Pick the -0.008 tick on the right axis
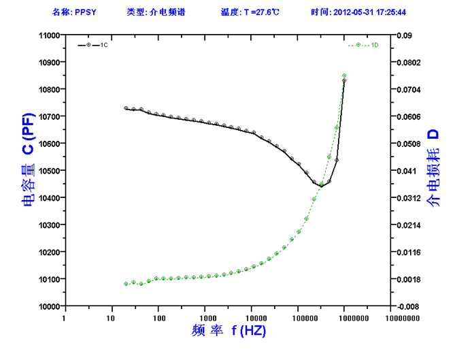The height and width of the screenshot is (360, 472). pos(408,306)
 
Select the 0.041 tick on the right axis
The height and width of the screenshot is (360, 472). pos(406,171)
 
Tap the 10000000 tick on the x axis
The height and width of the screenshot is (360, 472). pos(391,317)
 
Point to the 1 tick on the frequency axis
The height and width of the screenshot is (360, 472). pos(65,317)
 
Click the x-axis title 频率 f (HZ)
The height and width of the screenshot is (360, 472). pos(228,331)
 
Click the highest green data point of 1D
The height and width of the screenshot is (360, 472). pos(344,76)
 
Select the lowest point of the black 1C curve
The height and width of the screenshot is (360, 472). pos(321,185)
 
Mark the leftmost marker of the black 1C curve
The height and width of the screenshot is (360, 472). pos(126,108)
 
